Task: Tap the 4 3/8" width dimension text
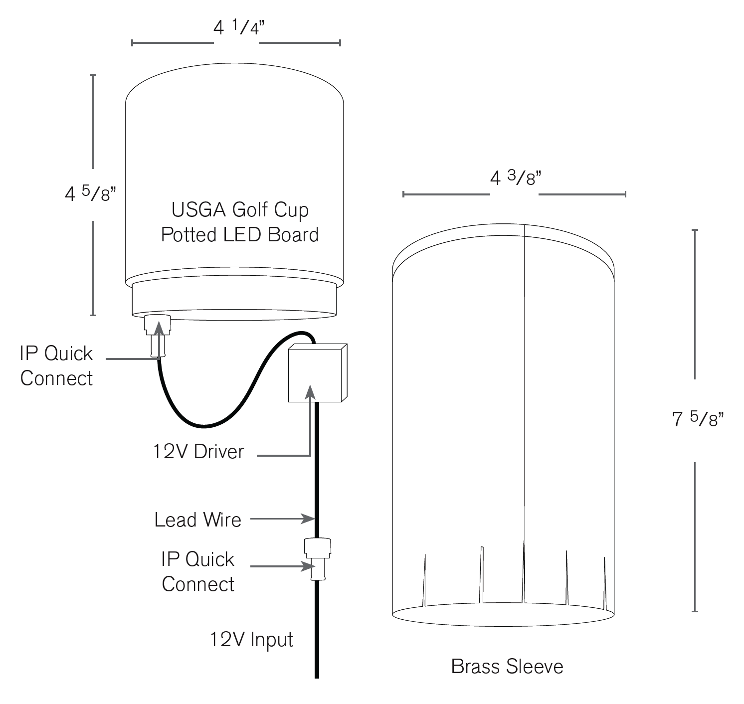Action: [514, 178]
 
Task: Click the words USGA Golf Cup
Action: [240, 210]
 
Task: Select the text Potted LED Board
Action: [240, 235]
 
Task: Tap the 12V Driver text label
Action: [198, 452]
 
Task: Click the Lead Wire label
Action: [198, 520]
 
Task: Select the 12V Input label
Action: [251, 640]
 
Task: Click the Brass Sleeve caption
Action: [507, 666]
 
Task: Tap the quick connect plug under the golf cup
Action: [158, 334]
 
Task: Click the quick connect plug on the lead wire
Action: [317, 557]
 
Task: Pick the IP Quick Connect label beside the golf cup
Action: [56, 366]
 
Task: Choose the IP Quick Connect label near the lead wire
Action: [198, 572]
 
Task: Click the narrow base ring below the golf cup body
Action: [233, 299]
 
